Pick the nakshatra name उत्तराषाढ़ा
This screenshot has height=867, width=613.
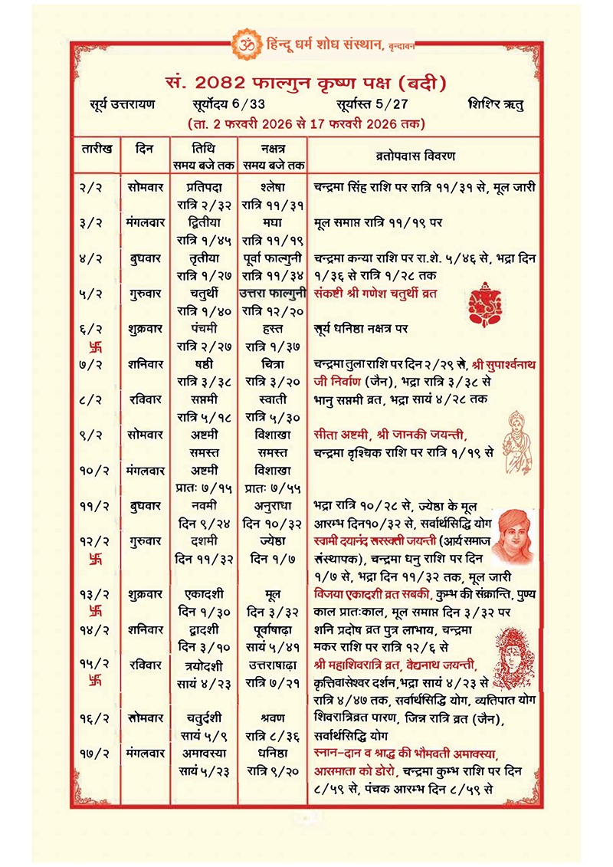pyautogui.click(x=273, y=663)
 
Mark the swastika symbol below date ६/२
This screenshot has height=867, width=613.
pyautogui.click(x=95, y=346)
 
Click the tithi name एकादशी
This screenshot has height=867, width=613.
pyautogui.click(x=204, y=593)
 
